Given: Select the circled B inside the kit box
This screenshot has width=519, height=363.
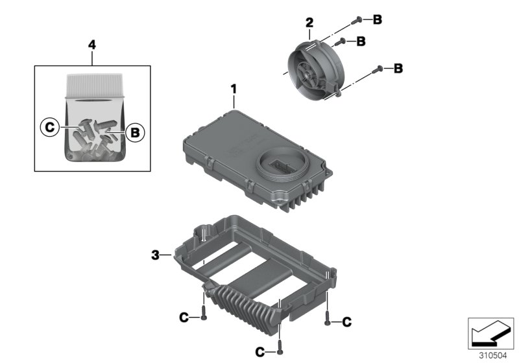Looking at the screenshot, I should click(134, 132).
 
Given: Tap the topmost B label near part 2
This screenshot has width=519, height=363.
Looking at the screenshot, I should click(378, 19).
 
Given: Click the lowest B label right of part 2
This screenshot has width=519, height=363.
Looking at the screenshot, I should click(398, 67).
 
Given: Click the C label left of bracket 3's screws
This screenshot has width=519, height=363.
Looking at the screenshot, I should click(185, 317).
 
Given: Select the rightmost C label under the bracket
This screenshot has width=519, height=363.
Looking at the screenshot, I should click(346, 321).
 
